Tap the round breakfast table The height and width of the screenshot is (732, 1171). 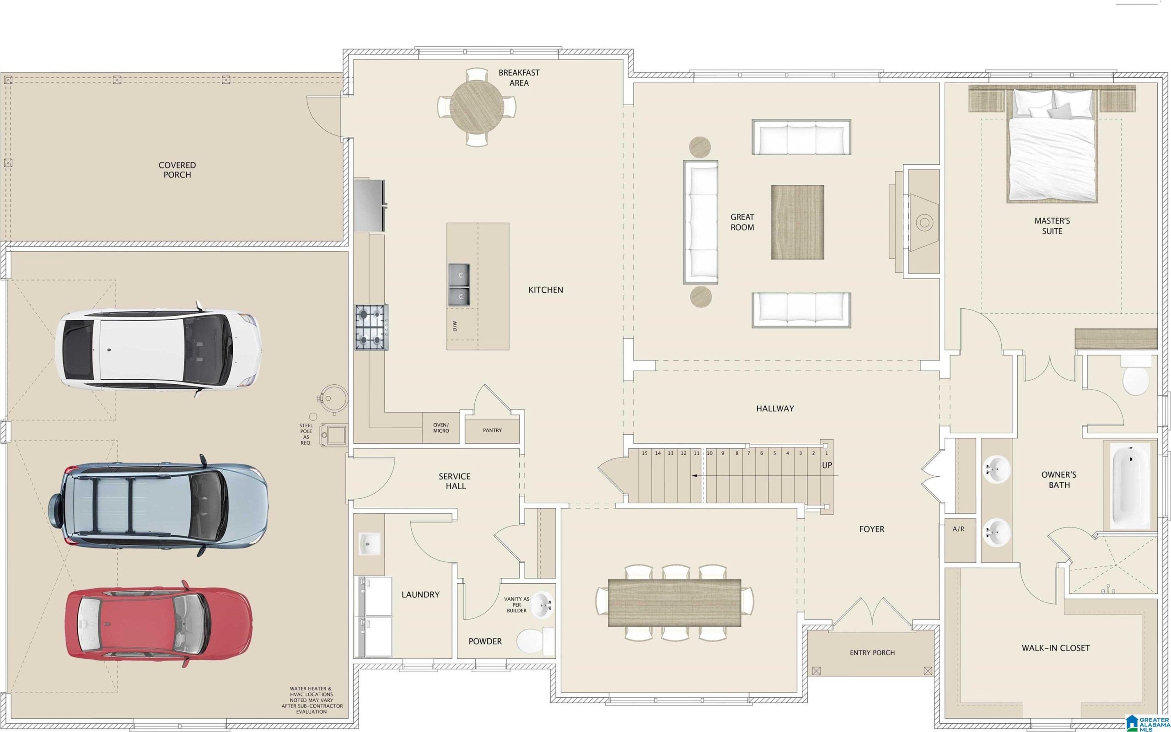(477, 107)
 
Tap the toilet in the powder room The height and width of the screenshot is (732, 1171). (535, 640)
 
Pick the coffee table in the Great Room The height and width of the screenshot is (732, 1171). (797, 222)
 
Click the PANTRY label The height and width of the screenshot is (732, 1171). (492, 430)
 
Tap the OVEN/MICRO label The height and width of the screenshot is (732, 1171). (441, 427)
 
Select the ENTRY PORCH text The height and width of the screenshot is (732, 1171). (872, 652)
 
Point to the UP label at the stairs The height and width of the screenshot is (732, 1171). (827, 465)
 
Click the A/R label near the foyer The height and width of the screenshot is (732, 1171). (959, 529)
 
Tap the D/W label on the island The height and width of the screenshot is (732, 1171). (454, 326)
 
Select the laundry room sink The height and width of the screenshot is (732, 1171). (370, 543)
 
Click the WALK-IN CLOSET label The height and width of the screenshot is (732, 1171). (1056, 648)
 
